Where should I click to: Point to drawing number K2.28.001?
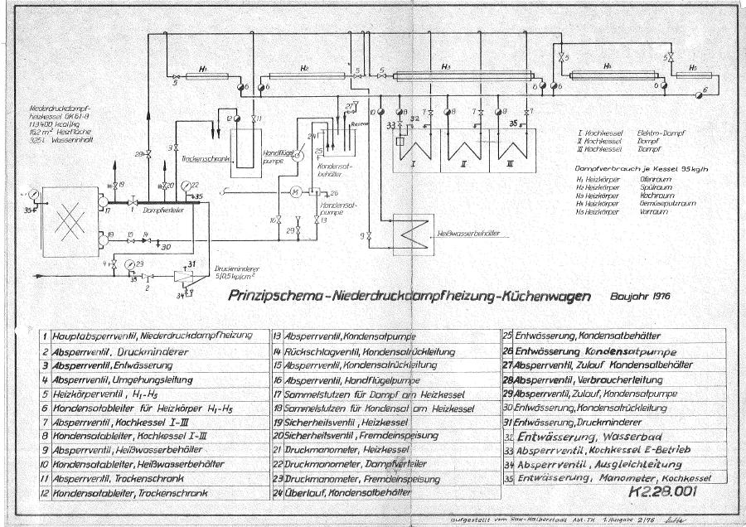[665, 491]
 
